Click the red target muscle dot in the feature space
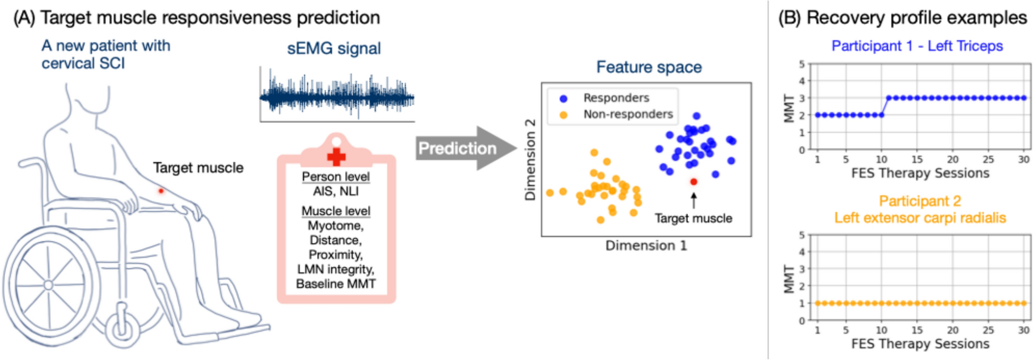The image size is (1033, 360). (x=694, y=182)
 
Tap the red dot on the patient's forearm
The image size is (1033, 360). (x=161, y=191)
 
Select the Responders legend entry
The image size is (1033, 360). (x=616, y=98)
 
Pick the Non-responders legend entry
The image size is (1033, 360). (x=627, y=114)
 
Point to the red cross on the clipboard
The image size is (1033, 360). (x=336, y=157)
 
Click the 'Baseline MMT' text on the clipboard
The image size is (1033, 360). (x=336, y=284)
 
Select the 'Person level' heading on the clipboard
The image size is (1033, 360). (x=336, y=177)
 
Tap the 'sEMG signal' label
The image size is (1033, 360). (x=334, y=48)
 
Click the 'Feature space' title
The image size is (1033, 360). (x=649, y=67)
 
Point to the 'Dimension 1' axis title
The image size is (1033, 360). (x=646, y=246)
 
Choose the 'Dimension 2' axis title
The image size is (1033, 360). (x=530, y=160)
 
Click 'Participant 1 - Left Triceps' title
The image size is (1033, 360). (x=917, y=46)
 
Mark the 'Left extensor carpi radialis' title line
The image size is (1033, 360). (x=920, y=218)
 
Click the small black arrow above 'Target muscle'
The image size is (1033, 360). (x=694, y=200)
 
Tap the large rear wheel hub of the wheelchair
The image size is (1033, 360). (x=48, y=285)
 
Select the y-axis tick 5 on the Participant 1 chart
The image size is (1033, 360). (x=802, y=64)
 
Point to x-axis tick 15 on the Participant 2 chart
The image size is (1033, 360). (x=917, y=330)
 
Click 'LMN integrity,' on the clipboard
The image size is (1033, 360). (x=336, y=269)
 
